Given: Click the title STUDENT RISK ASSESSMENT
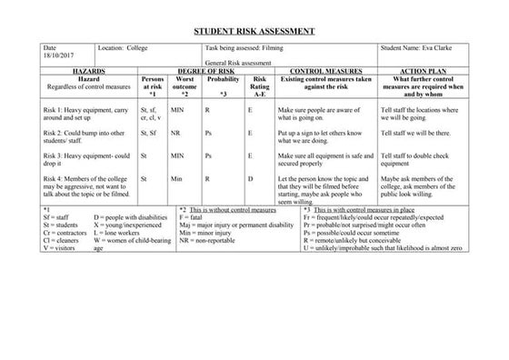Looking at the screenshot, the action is (254, 31).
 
